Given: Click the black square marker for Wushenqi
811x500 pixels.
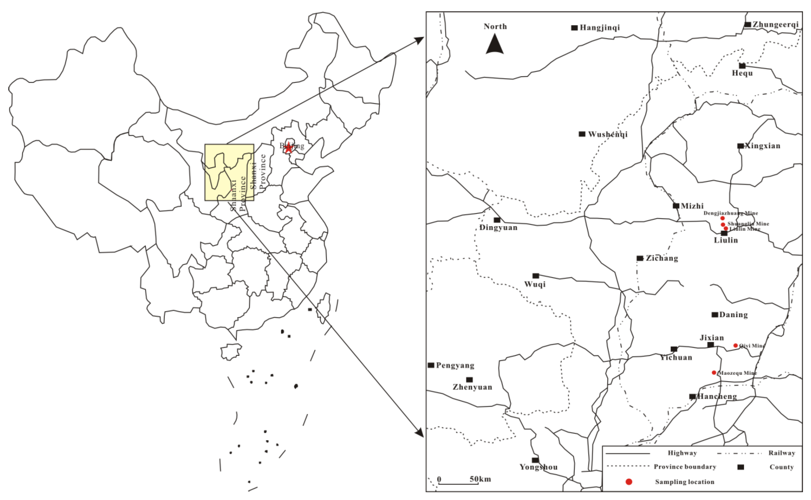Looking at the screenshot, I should (582, 134).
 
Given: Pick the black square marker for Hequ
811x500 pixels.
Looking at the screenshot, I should (742, 66).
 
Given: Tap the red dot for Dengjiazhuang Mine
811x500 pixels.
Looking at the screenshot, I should (722, 218).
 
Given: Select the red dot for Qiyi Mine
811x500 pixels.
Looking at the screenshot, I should (735, 346).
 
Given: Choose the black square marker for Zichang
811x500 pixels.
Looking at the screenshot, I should (640, 258).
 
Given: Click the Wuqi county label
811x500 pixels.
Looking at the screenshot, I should (535, 284).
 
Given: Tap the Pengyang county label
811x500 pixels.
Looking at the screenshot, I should (455, 365).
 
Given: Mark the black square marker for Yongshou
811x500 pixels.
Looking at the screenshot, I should (535, 460).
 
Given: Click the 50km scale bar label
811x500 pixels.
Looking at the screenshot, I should (480, 479).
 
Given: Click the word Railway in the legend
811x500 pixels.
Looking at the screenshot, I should (782, 453).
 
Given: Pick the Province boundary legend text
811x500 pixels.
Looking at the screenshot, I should (685, 467).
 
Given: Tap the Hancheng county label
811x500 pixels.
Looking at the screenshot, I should (717, 397).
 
